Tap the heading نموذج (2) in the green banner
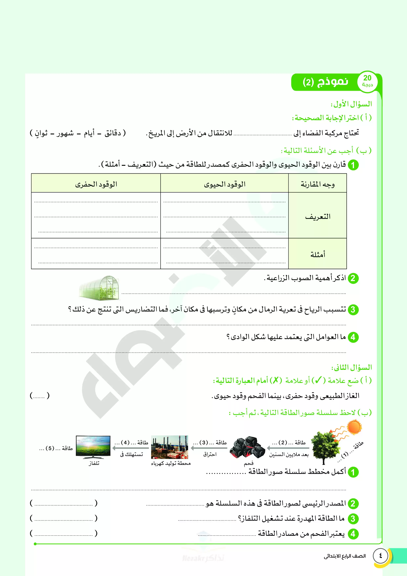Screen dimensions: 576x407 (325, 82)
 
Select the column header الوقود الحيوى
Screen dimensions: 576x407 (225, 184)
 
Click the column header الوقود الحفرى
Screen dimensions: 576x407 (96, 184)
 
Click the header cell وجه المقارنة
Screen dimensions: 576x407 (317, 184)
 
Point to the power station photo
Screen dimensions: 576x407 (170, 447)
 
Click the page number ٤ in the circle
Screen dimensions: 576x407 (380, 556)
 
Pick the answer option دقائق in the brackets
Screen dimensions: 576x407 (113, 133)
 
